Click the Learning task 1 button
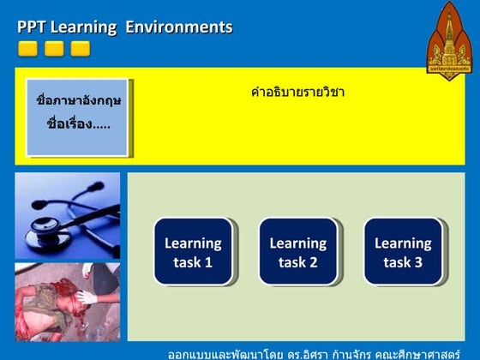[193, 252]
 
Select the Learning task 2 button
[298, 252]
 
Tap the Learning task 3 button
[403, 252]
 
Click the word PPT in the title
[32, 27]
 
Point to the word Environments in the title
[179, 27]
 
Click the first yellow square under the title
[27, 49]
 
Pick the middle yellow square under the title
[54, 49]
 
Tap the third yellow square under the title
[80, 49]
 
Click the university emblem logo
[449, 39]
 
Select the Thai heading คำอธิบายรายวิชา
[297, 93]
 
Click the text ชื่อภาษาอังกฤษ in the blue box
[78, 100]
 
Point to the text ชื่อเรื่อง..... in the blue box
[78, 123]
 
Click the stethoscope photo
[68, 215]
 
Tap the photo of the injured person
[68, 302]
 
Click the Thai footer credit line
[324, 352]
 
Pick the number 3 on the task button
[418, 262]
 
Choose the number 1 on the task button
[208, 262]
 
